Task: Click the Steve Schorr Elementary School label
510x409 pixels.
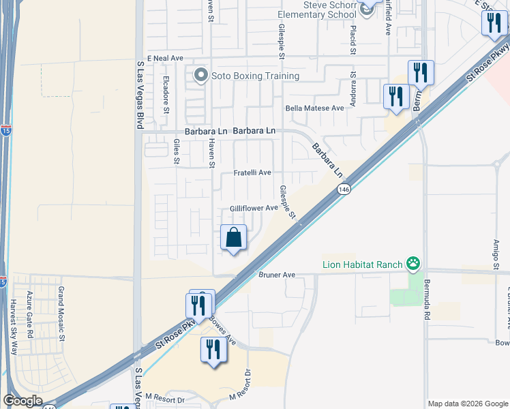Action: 320,10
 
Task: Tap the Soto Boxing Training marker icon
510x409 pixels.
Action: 200,76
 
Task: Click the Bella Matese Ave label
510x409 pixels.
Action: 315,108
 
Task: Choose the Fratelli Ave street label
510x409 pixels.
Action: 253,173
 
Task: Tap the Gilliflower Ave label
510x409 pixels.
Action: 254,208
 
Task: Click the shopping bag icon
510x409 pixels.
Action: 233,237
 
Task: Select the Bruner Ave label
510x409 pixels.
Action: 277,275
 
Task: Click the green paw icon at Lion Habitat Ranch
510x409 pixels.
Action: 412,263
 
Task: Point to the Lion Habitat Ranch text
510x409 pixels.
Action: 363,264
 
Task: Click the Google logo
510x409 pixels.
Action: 22,402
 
